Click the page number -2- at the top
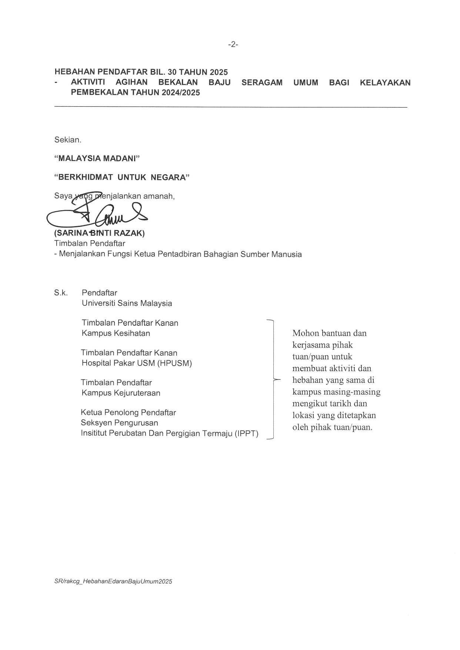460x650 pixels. [233, 44]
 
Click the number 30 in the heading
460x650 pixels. [173, 72]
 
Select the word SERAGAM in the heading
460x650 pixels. [262, 82]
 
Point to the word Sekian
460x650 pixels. [68, 140]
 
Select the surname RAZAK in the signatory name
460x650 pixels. [132, 234]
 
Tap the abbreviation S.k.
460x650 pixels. [61, 293]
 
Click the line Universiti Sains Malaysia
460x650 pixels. [127, 303]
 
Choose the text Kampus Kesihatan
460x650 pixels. [116, 333]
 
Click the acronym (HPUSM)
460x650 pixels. [174, 363]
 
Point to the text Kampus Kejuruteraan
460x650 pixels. [121, 393]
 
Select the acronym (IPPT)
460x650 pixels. [246, 433]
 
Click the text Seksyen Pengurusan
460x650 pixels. [119, 423]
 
